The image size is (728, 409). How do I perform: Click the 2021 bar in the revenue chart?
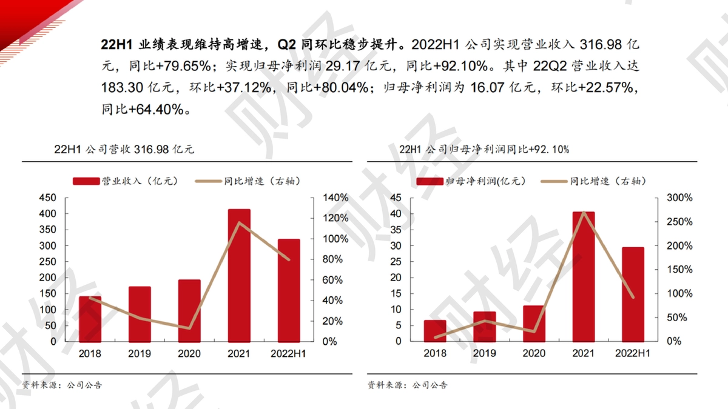click(x=239, y=276)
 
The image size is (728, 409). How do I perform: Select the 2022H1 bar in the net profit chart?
click(x=633, y=294)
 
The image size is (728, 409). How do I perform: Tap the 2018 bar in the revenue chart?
click(x=90, y=319)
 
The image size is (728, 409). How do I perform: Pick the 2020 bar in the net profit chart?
click(x=534, y=324)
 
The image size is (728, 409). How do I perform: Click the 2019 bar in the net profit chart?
click(x=485, y=327)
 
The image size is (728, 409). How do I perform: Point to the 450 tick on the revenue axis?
click(x=48, y=198)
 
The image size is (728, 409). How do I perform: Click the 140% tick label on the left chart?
click(x=335, y=198)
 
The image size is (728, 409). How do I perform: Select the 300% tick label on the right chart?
click(x=679, y=198)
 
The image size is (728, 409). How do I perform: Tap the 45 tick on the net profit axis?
click(x=396, y=198)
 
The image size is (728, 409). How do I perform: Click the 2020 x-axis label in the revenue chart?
click(x=189, y=353)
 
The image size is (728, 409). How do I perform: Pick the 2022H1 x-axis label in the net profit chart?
click(x=632, y=353)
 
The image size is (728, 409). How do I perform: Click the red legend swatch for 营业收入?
click(x=86, y=181)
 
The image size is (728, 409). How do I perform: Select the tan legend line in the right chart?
click(x=554, y=181)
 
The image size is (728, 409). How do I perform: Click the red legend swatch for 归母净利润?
click(x=430, y=181)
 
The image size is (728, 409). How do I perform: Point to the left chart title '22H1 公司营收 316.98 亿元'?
click(x=124, y=149)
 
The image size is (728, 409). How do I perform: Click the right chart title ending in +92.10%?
click(x=484, y=149)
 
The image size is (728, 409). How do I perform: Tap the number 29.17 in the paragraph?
click(x=343, y=66)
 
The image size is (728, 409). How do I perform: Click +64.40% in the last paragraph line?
click(x=157, y=110)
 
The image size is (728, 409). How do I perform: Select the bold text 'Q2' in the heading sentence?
click(x=287, y=44)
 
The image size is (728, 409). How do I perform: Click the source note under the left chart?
click(x=62, y=385)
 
